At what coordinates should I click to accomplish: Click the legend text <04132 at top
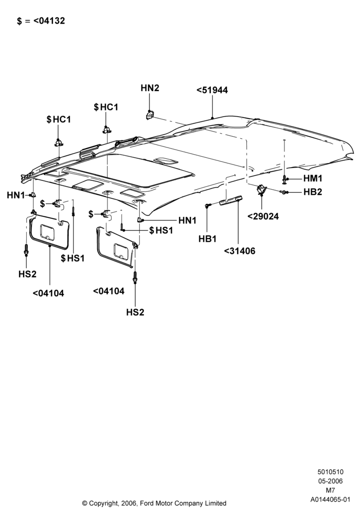coord(49,21)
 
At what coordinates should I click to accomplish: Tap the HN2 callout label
coord(150,88)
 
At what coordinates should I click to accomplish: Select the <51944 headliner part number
coord(212,90)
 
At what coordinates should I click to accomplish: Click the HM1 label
coord(313,178)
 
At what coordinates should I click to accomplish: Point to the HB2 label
coord(313,192)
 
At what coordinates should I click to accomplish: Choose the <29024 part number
coord(263,216)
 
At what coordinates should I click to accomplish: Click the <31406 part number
coord(240,251)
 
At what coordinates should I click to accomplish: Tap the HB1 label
coord(208,239)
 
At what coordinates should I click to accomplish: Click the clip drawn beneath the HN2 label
coord(150,115)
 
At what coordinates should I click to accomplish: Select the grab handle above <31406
coord(231,200)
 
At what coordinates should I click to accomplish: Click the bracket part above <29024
coord(261,189)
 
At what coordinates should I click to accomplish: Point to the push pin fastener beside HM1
coord(284,179)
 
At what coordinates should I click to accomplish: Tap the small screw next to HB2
coord(283,192)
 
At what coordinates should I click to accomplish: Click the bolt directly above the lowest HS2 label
coord(135,278)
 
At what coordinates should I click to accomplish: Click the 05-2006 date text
coord(331,481)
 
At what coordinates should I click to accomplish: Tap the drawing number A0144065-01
coord(331,500)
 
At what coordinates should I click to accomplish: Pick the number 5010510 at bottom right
coord(331,472)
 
